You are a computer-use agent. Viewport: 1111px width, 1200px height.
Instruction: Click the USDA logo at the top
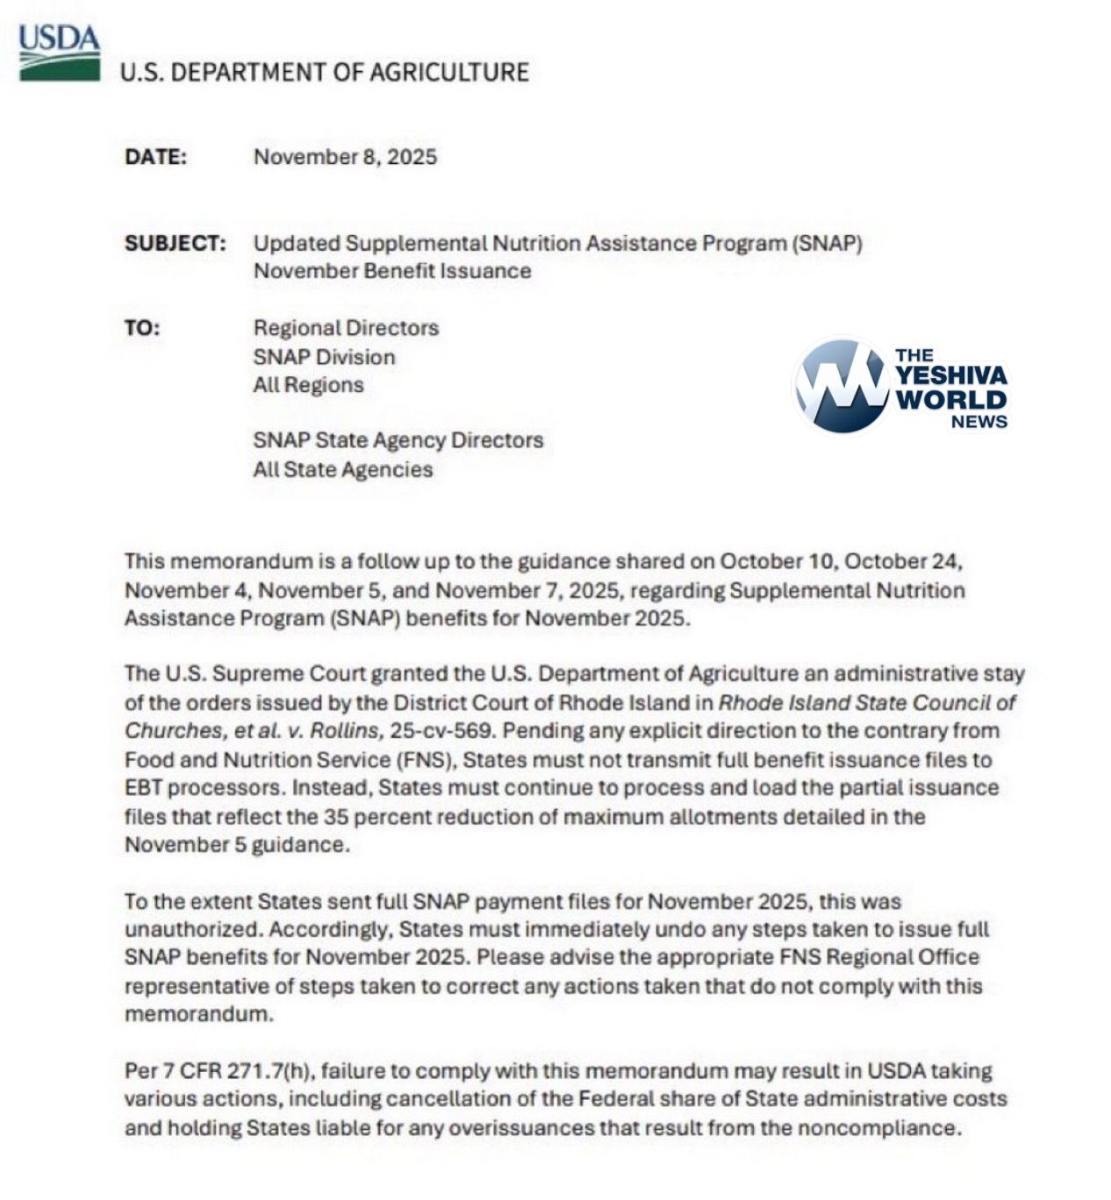59,53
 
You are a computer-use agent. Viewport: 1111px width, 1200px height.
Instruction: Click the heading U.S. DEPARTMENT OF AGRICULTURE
324,72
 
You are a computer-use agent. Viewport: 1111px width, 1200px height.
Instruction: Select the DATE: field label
155,157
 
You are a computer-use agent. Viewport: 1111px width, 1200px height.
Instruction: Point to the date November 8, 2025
345,157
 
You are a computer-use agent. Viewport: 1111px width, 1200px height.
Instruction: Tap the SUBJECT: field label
175,243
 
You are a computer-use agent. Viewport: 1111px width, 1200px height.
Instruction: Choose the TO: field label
142,328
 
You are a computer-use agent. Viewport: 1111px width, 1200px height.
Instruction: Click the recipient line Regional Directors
346,328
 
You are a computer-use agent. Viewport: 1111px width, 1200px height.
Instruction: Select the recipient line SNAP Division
324,357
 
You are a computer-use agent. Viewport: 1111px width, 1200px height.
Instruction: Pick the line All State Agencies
342,469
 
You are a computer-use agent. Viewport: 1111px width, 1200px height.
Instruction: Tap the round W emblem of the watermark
841,386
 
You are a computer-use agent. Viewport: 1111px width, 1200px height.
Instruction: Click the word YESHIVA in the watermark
951,376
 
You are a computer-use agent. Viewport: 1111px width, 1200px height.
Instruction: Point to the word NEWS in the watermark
978,422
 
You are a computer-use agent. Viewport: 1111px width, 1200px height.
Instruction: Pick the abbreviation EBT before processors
143,788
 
